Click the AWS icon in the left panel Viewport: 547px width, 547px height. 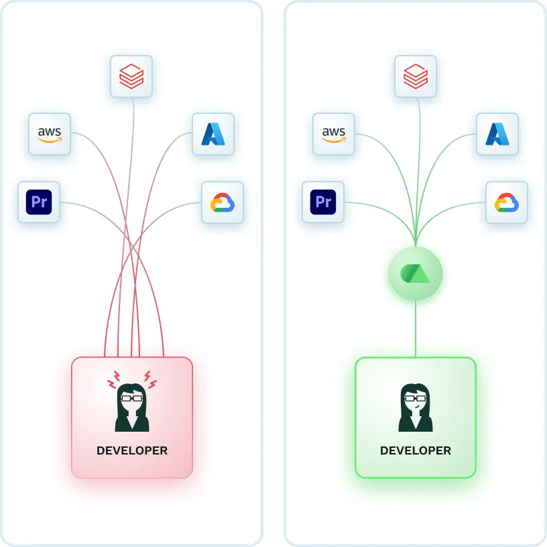point(50,134)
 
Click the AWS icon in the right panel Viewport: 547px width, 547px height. point(334,134)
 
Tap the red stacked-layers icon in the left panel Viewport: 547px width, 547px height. point(131,76)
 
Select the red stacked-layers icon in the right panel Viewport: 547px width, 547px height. point(416,76)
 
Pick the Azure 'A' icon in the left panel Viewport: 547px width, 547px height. point(213,134)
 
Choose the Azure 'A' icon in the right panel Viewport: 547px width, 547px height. point(497,134)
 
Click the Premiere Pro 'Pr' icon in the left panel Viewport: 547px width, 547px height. point(39,202)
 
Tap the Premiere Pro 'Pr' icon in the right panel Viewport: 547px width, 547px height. point(323,202)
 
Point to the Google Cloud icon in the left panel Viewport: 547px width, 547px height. point(222,202)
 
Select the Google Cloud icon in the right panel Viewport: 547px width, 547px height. point(506,202)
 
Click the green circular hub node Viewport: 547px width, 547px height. point(416,273)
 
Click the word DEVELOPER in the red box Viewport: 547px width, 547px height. point(132,450)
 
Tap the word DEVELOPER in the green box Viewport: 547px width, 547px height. point(416,450)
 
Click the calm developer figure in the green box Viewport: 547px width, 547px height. point(416,407)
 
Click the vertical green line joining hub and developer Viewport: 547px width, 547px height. point(416,328)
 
